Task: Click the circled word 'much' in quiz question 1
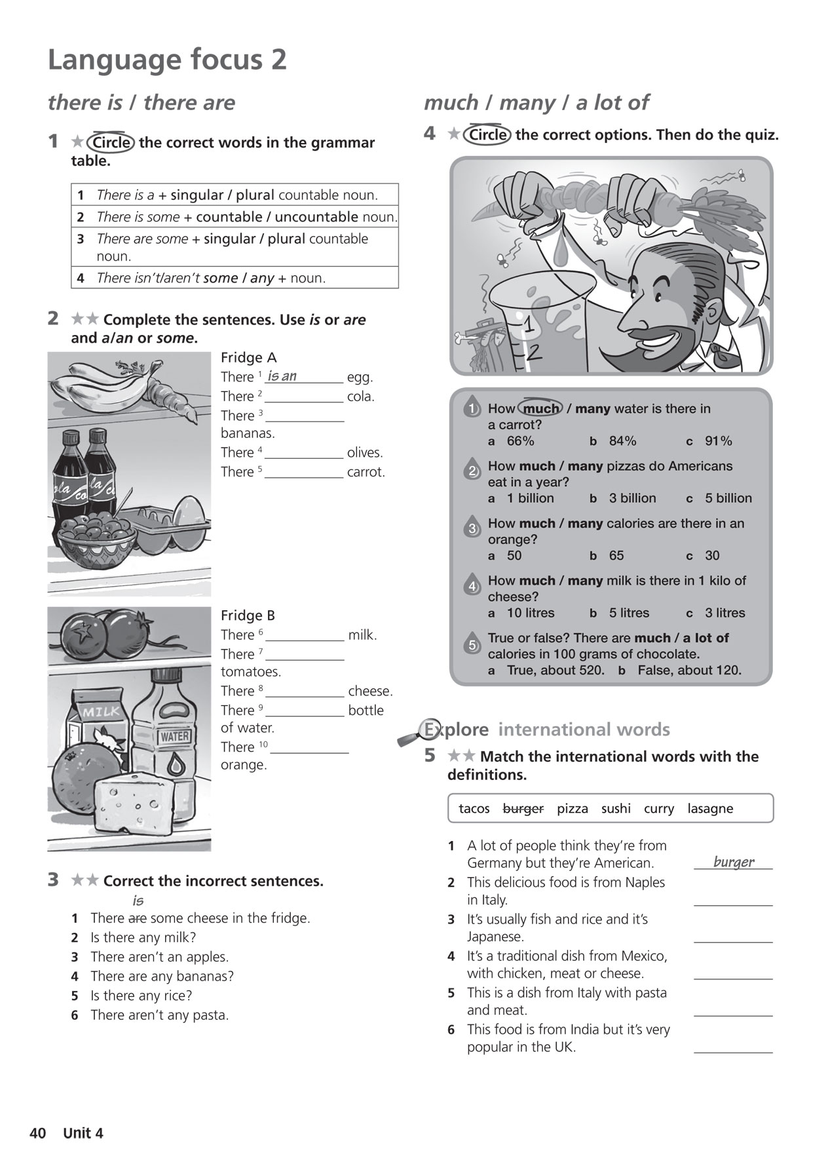(x=541, y=408)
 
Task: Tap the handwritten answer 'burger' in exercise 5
(x=734, y=862)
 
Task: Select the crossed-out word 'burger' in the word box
(x=523, y=808)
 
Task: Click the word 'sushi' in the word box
(x=616, y=808)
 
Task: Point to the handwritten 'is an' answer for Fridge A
(x=282, y=376)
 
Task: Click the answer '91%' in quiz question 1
(x=718, y=441)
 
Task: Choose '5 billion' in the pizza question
(x=728, y=498)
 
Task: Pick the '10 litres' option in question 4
(x=530, y=613)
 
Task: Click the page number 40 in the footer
(x=37, y=1133)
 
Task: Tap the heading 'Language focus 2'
(x=167, y=60)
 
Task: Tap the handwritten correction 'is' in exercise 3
(x=138, y=901)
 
